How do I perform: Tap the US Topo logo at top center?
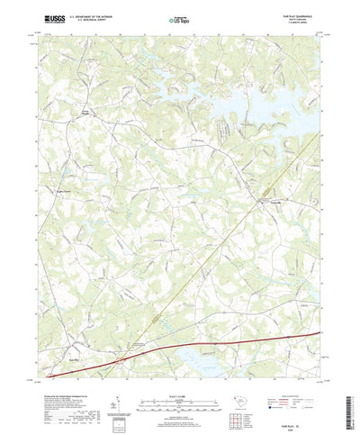(179, 17)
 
